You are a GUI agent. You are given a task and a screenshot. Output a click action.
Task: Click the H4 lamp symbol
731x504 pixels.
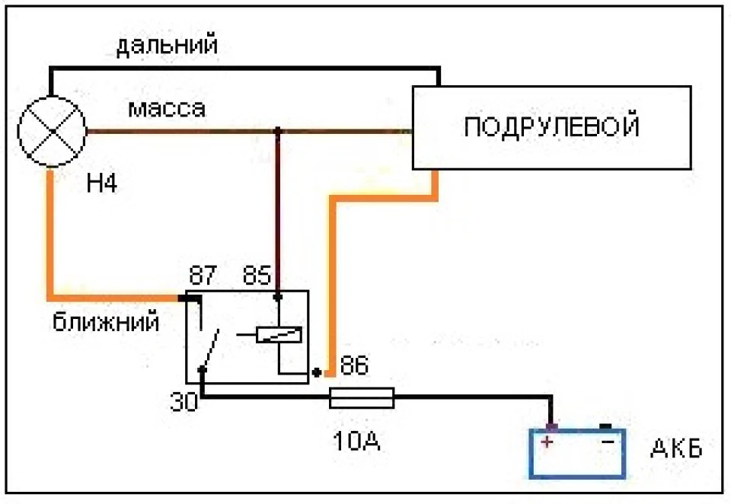point(52,131)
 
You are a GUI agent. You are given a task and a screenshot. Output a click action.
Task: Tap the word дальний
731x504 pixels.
point(167,45)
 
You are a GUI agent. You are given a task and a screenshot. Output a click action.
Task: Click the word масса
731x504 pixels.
point(167,108)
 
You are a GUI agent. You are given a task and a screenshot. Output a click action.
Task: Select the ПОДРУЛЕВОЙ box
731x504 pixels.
point(551,127)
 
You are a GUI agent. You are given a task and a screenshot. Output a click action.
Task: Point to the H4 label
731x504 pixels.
point(101,183)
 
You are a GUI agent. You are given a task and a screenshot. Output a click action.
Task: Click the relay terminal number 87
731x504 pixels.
point(203,275)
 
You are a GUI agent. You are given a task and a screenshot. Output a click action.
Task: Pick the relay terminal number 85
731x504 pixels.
point(257,275)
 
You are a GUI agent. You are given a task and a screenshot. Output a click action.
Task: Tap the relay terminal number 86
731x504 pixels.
point(354,365)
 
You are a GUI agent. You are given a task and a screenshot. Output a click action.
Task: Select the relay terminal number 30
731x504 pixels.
point(184,401)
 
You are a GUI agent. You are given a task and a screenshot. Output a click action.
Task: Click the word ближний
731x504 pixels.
point(106,322)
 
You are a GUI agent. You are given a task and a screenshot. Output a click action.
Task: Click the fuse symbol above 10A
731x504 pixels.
point(362,397)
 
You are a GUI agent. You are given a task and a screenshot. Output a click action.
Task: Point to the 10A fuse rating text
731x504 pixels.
point(356,440)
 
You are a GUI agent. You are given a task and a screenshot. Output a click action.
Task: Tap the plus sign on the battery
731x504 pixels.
point(547,441)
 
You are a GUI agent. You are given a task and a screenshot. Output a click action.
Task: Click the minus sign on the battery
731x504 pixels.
point(608,441)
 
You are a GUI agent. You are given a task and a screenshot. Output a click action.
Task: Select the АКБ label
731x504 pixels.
point(676,448)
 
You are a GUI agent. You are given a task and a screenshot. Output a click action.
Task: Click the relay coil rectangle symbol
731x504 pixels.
point(279,335)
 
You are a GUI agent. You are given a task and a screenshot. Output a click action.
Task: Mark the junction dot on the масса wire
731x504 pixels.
point(277,131)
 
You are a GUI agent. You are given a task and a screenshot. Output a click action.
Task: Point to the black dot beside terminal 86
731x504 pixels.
point(317,372)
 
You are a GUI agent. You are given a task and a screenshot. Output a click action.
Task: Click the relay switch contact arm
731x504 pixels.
point(210,349)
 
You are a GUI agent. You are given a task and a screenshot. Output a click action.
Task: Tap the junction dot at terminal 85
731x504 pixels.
point(278,296)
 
